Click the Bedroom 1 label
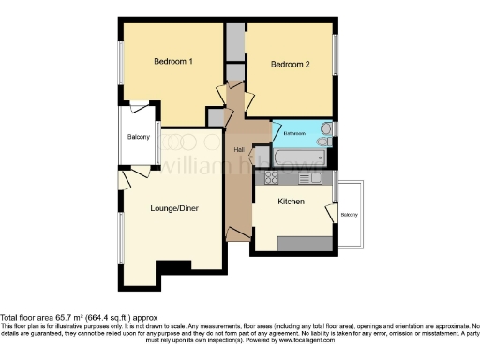173,62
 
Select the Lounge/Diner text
174,207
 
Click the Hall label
240,150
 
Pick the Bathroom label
293,133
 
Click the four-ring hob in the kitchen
272,176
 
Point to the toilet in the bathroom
325,128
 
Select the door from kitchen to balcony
331,211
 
